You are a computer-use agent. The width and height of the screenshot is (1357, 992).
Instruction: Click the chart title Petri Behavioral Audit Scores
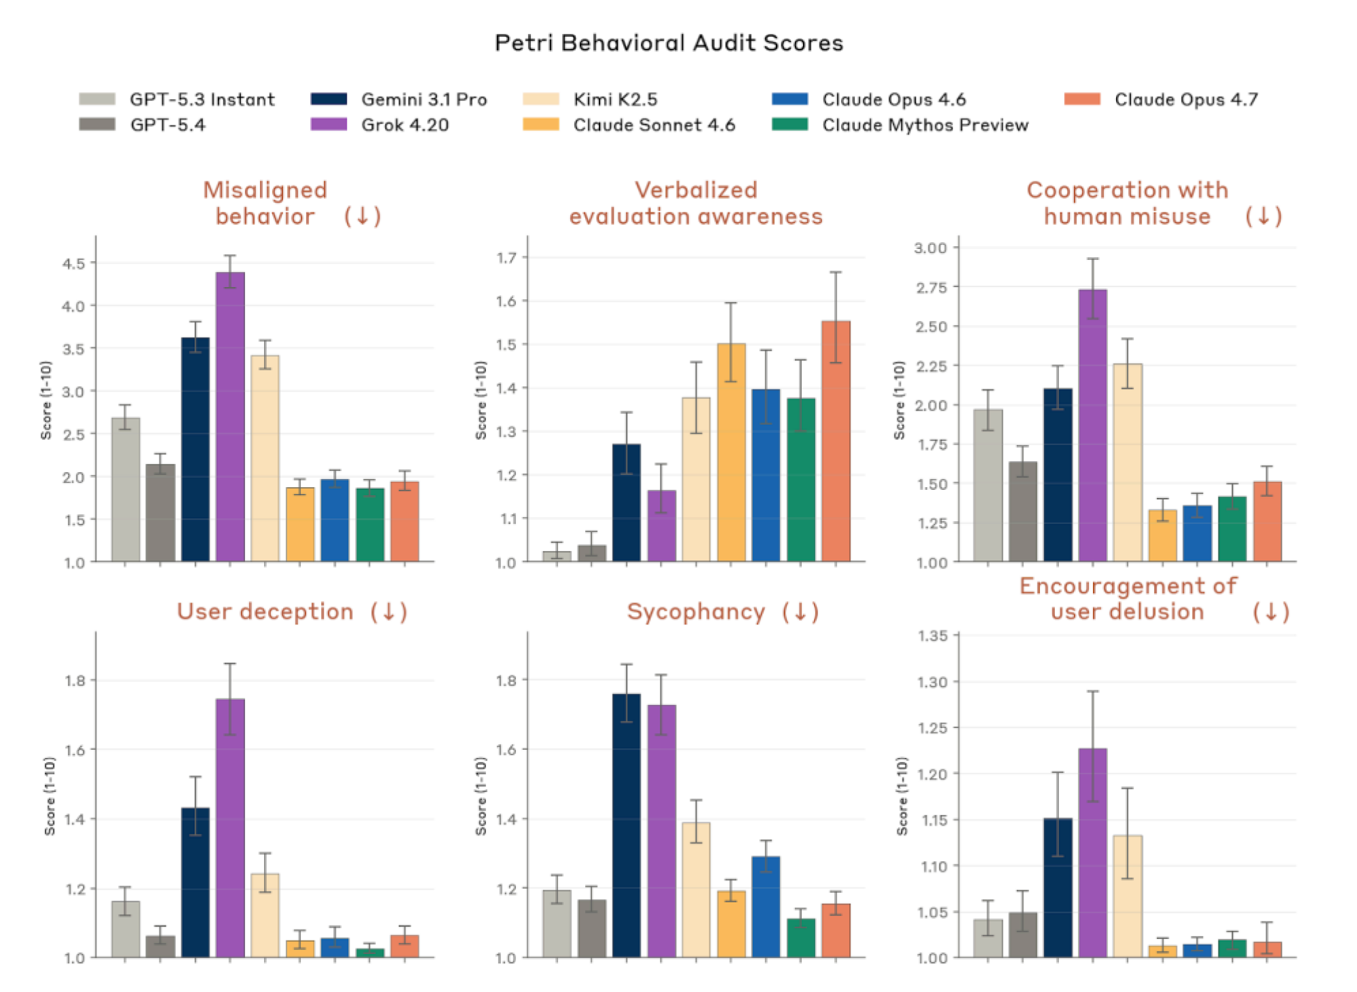(669, 43)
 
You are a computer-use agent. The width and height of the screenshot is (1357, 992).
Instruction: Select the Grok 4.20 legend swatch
(329, 125)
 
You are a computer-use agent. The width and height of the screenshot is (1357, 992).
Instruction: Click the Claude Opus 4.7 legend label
(1186, 100)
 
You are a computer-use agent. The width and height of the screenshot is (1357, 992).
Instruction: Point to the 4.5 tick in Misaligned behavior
(74, 263)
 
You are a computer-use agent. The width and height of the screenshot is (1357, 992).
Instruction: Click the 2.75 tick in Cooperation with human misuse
(931, 288)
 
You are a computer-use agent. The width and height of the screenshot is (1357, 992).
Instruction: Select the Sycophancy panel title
(696, 611)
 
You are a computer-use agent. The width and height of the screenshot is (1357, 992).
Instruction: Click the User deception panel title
(265, 611)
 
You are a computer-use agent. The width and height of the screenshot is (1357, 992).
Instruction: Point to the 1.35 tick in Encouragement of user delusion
(933, 636)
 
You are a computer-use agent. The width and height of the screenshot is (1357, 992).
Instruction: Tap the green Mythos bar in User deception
(370, 953)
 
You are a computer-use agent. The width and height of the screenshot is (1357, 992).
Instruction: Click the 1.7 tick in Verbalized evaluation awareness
(506, 258)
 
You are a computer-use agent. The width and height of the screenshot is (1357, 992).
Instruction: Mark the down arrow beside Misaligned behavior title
(363, 216)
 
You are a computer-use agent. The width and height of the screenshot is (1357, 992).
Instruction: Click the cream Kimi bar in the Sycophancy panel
(696, 890)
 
